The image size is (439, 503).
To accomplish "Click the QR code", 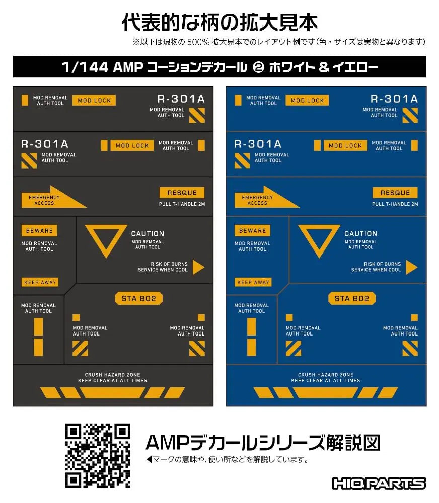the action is [98, 456].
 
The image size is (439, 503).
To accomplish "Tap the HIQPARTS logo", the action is [379, 483].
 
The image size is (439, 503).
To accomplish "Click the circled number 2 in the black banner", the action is [258, 67].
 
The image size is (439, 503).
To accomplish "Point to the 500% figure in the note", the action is [198, 42].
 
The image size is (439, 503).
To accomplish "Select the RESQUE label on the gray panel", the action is [182, 193].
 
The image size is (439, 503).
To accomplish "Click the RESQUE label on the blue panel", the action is [395, 193].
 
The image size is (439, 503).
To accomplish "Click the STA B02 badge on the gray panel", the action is [139, 298].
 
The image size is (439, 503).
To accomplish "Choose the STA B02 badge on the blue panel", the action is [352, 298].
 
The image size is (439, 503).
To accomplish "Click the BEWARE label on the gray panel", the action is [39, 231].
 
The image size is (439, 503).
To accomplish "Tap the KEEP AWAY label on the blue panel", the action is [253, 282].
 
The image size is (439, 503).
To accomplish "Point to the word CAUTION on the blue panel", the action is [361, 234].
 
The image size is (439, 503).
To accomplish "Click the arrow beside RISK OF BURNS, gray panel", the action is [198, 267].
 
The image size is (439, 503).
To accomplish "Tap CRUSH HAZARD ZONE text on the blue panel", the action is [326, 375].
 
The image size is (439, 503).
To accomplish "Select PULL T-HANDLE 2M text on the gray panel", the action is [182, 204].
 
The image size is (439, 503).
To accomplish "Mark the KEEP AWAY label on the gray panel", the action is [40, 282].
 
